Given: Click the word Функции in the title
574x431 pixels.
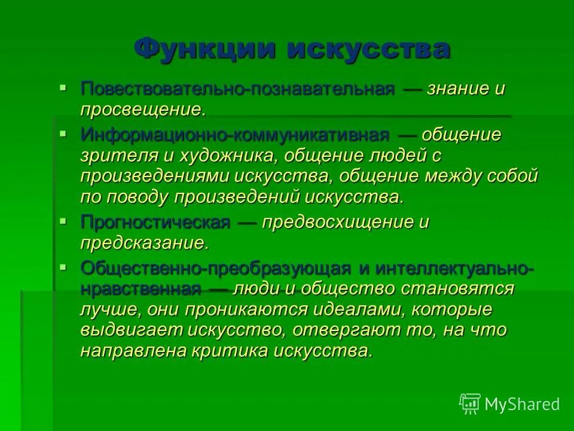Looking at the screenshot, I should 204,48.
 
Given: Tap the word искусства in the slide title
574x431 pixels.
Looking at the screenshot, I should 368,48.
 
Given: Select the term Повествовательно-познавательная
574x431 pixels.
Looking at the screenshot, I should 238,89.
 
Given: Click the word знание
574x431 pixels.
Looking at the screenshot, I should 459,89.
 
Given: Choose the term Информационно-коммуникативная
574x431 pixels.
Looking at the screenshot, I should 235,135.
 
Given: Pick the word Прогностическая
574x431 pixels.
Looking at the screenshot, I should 155,223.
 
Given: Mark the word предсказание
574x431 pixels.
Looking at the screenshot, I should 144,243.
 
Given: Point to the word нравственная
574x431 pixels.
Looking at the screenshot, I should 141,289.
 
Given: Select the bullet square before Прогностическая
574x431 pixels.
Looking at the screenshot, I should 63,221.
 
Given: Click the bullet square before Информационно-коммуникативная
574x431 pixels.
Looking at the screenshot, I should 63,133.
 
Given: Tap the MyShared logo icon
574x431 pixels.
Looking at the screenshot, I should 469,403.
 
